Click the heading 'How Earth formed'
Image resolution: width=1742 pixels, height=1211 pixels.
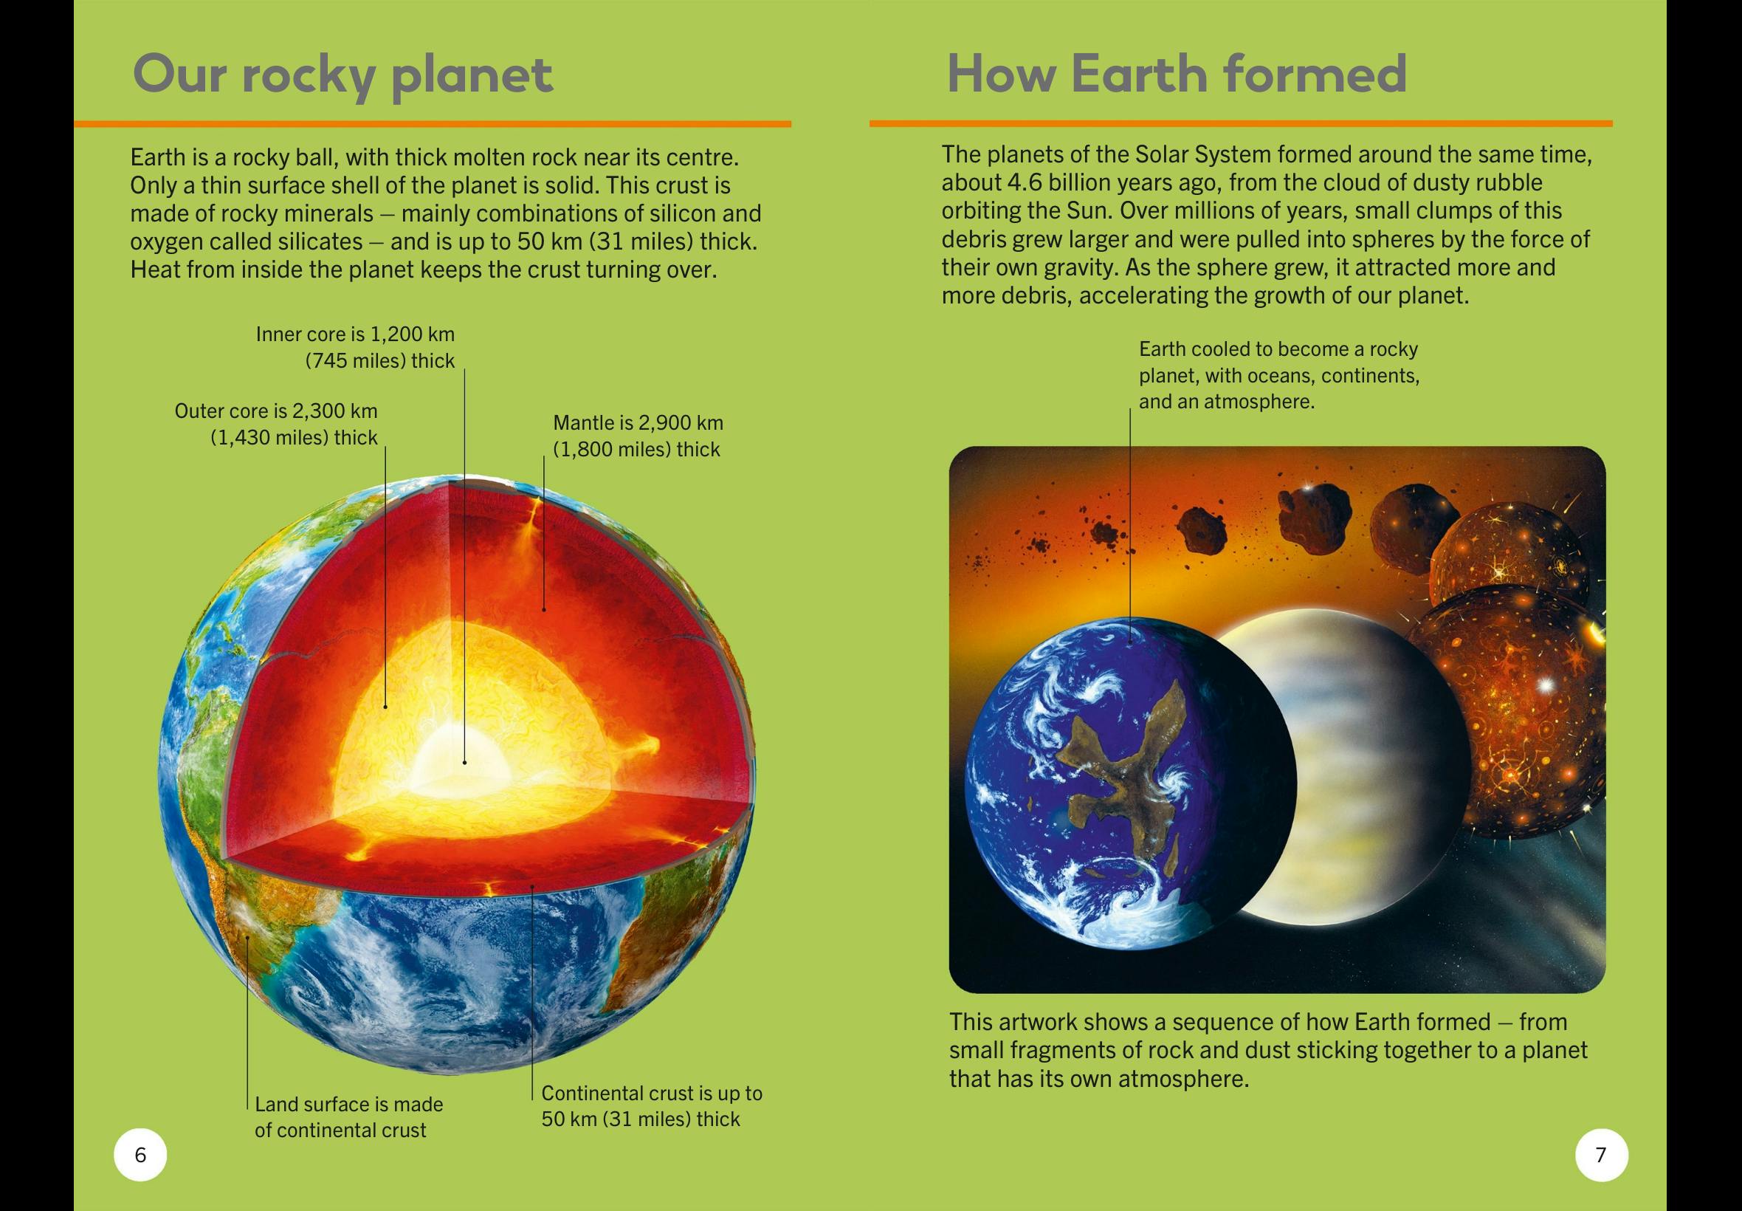coord(1177,75)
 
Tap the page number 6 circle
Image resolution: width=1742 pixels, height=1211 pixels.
coord(140,1155)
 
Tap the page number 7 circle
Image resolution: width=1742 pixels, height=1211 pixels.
coord(1601,1155)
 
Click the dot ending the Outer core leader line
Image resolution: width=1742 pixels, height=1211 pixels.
coord(385,707)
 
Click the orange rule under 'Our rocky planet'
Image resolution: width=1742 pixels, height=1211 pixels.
coord(433,123)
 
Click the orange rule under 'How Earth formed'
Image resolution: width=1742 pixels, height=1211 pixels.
coord(1241,123)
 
